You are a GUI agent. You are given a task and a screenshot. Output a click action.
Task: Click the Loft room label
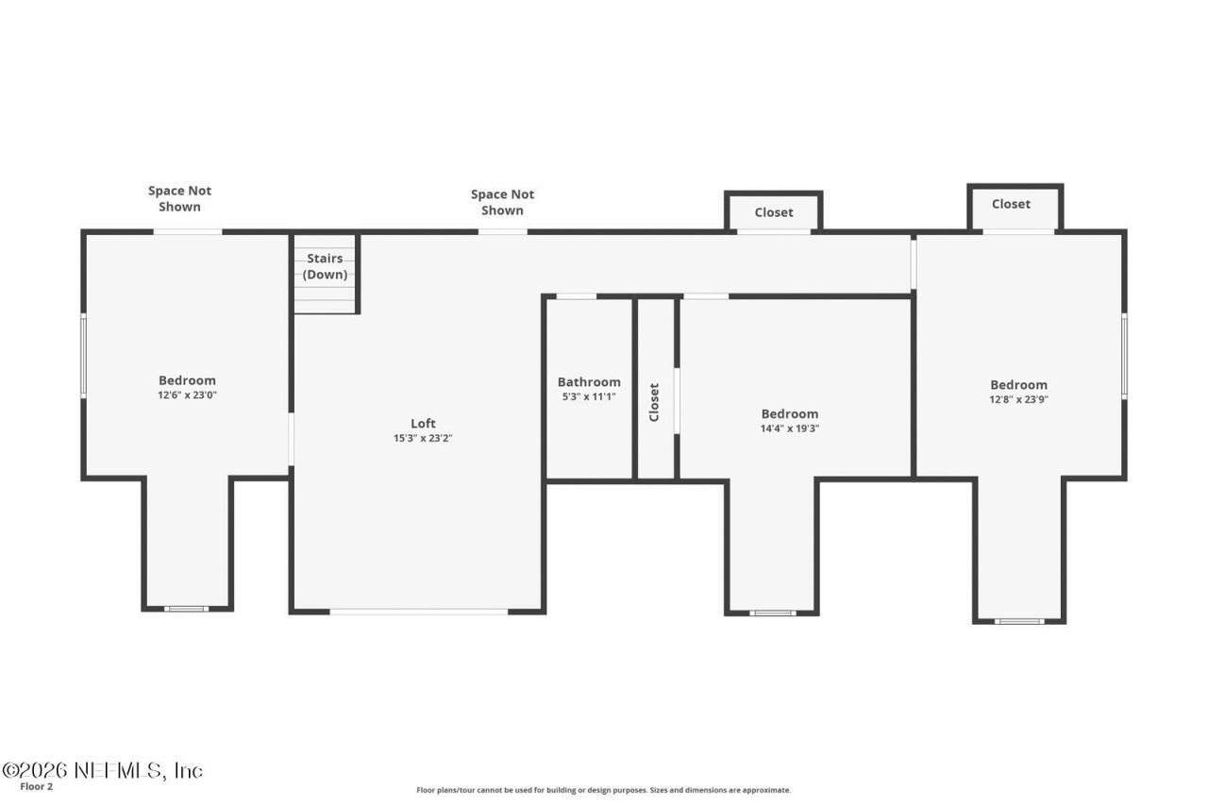coord(423,423)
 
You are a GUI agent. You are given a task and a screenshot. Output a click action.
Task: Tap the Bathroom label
coord(589,382)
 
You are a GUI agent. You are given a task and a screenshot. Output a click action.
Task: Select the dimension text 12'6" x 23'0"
coord(187,395)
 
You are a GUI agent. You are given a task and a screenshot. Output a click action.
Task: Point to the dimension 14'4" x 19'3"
coord(790,428)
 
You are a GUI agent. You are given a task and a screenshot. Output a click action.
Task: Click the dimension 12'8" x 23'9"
coord(1018,399)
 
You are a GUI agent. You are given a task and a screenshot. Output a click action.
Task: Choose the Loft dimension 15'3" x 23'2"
coord(423,438)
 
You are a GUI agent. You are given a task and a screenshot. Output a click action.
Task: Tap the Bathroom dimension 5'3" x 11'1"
coord(589,396)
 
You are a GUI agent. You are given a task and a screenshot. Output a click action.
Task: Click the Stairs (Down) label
coord(325,266)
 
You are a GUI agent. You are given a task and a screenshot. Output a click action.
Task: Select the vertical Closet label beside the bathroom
coord(654,401)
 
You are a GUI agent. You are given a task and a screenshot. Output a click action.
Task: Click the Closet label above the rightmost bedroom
coord(1011,204)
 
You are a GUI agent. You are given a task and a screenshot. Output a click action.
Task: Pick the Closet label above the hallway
coord(773,212)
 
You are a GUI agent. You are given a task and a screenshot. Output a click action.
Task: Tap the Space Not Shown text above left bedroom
coord(179,198)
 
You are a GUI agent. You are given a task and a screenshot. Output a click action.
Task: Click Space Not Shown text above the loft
coord(502,202)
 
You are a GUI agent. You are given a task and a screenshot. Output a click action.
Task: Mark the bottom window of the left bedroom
coord(186,609)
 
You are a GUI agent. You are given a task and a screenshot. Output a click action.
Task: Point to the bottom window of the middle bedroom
coord(772,613)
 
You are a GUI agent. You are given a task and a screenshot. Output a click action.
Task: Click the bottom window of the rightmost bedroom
coord(1019,621)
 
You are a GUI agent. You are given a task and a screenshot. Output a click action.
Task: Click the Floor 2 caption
coord(37,786)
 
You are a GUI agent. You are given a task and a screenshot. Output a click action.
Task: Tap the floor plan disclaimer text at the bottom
coord(604,790)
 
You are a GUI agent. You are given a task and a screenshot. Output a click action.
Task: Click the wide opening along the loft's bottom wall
coord(418,612)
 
